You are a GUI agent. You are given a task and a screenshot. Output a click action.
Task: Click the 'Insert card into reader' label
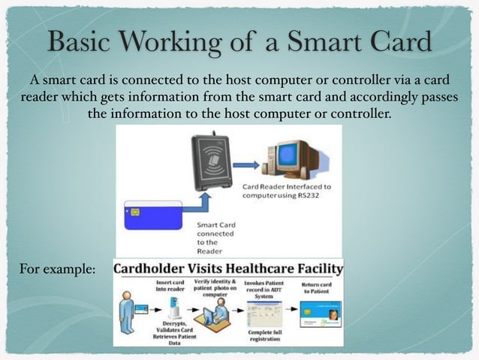[170, 286]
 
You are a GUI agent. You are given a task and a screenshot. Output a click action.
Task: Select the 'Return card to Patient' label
[314, 286]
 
